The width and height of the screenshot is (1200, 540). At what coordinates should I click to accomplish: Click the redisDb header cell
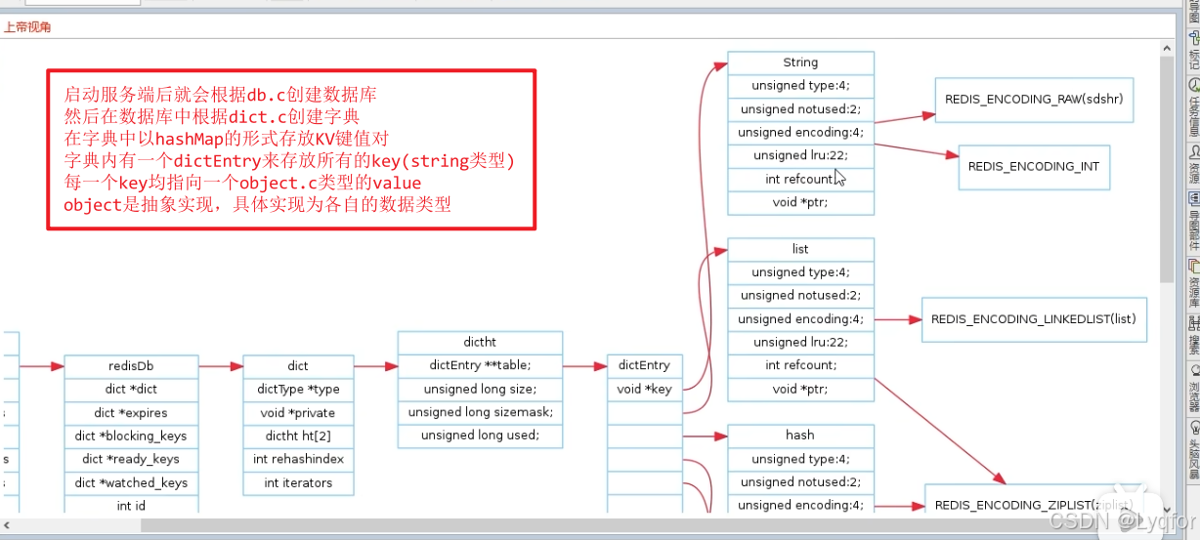tap(131, 366)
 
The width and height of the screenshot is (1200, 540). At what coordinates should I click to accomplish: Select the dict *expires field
tap(131, 412)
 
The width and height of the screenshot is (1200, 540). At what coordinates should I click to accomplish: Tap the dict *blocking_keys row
tap(131, 436)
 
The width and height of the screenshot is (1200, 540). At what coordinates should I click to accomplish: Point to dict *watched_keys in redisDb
tap(131, 482)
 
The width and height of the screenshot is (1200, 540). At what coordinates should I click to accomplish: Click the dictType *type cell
tap(298, 389)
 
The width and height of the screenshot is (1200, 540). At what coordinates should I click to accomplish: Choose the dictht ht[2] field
tap(298, 436)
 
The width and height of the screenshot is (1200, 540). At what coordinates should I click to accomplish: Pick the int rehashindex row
tap(298, 459)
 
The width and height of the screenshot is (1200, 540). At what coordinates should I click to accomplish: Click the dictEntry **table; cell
tap(480, 365)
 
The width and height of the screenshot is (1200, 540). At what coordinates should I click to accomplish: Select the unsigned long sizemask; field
tap(480, 412)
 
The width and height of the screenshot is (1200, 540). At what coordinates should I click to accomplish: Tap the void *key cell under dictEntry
tap(644, 389)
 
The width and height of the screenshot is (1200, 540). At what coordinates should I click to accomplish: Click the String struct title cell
tap(800, 62)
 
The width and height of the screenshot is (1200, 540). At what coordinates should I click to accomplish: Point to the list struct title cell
tap(800, 249)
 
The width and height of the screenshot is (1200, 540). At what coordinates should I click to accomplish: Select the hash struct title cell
tap(800, 436)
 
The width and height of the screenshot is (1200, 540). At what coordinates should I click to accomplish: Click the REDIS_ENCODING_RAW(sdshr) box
tap(1034, 100)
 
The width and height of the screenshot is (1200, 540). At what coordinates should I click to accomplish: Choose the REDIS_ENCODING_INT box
tap(1034, 166)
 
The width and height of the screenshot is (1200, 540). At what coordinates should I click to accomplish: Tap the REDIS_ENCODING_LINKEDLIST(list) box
tap(1033, 319)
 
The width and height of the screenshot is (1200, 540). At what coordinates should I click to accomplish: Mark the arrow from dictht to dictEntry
tap(584, 366)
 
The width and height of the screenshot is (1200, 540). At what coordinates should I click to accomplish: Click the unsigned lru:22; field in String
tap(800, 155)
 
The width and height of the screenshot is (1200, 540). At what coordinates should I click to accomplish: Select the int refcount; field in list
tap(800, 365)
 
